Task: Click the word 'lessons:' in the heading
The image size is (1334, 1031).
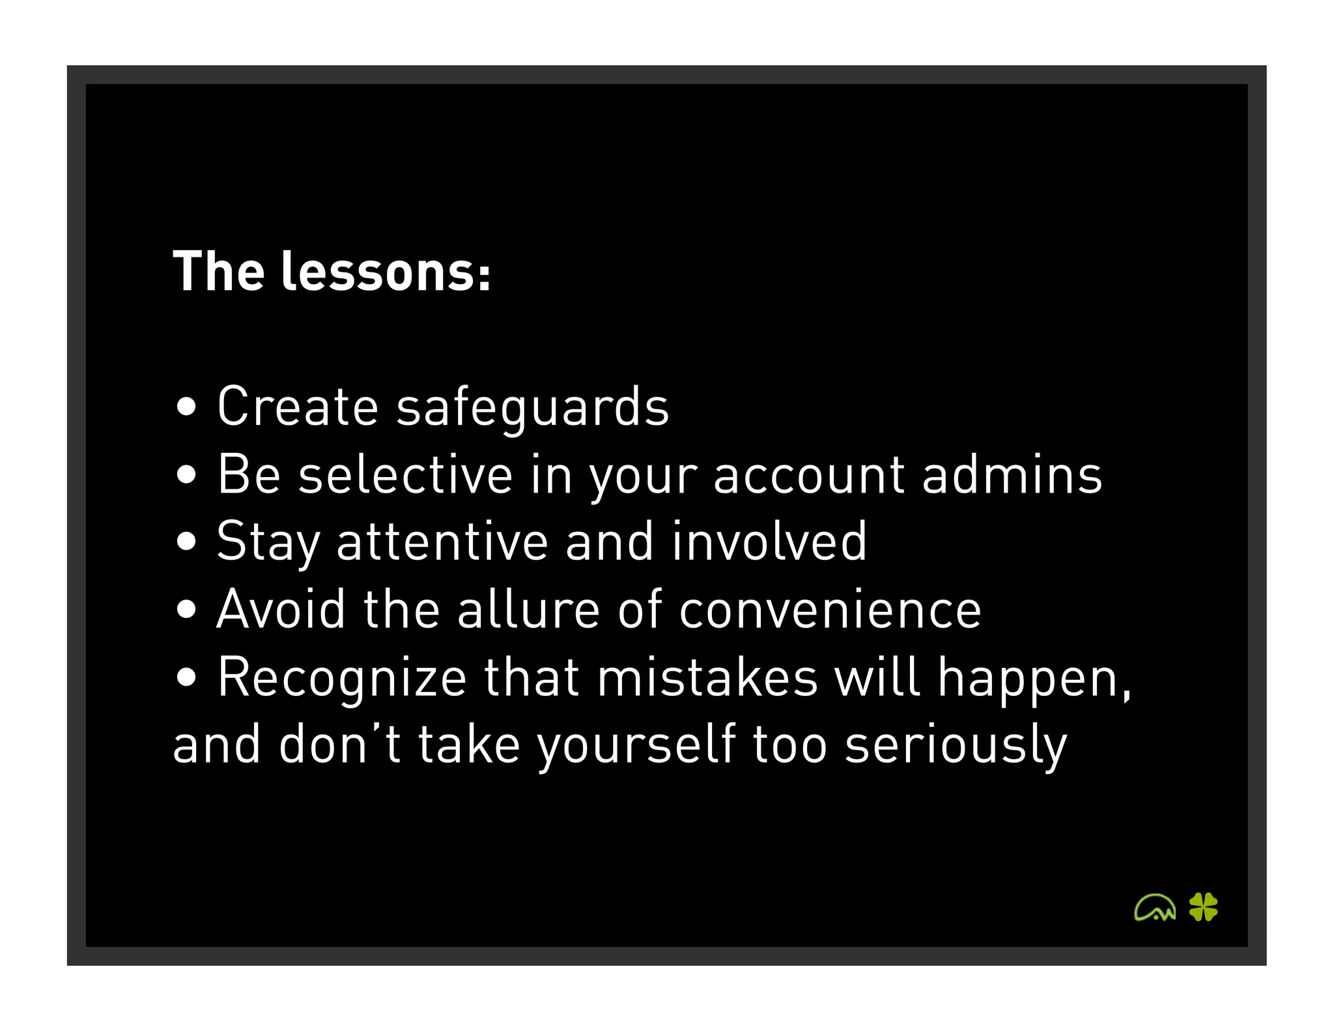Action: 386,272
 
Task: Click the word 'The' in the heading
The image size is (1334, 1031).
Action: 219,272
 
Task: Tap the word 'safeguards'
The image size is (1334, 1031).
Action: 532,407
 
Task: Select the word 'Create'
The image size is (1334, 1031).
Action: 298,407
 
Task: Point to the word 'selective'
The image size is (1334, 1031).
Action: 405,475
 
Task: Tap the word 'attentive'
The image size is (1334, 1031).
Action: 442,542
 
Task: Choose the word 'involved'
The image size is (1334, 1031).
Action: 769,542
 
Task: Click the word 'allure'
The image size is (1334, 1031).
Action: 528,610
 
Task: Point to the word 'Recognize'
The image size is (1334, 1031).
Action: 342,679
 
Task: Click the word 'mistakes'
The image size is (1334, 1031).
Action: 707,678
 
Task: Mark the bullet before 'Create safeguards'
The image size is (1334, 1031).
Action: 186,407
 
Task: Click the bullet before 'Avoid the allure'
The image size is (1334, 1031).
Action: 186,610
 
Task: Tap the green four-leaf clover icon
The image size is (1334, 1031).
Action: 1203,907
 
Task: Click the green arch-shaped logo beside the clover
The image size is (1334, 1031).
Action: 1155,907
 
